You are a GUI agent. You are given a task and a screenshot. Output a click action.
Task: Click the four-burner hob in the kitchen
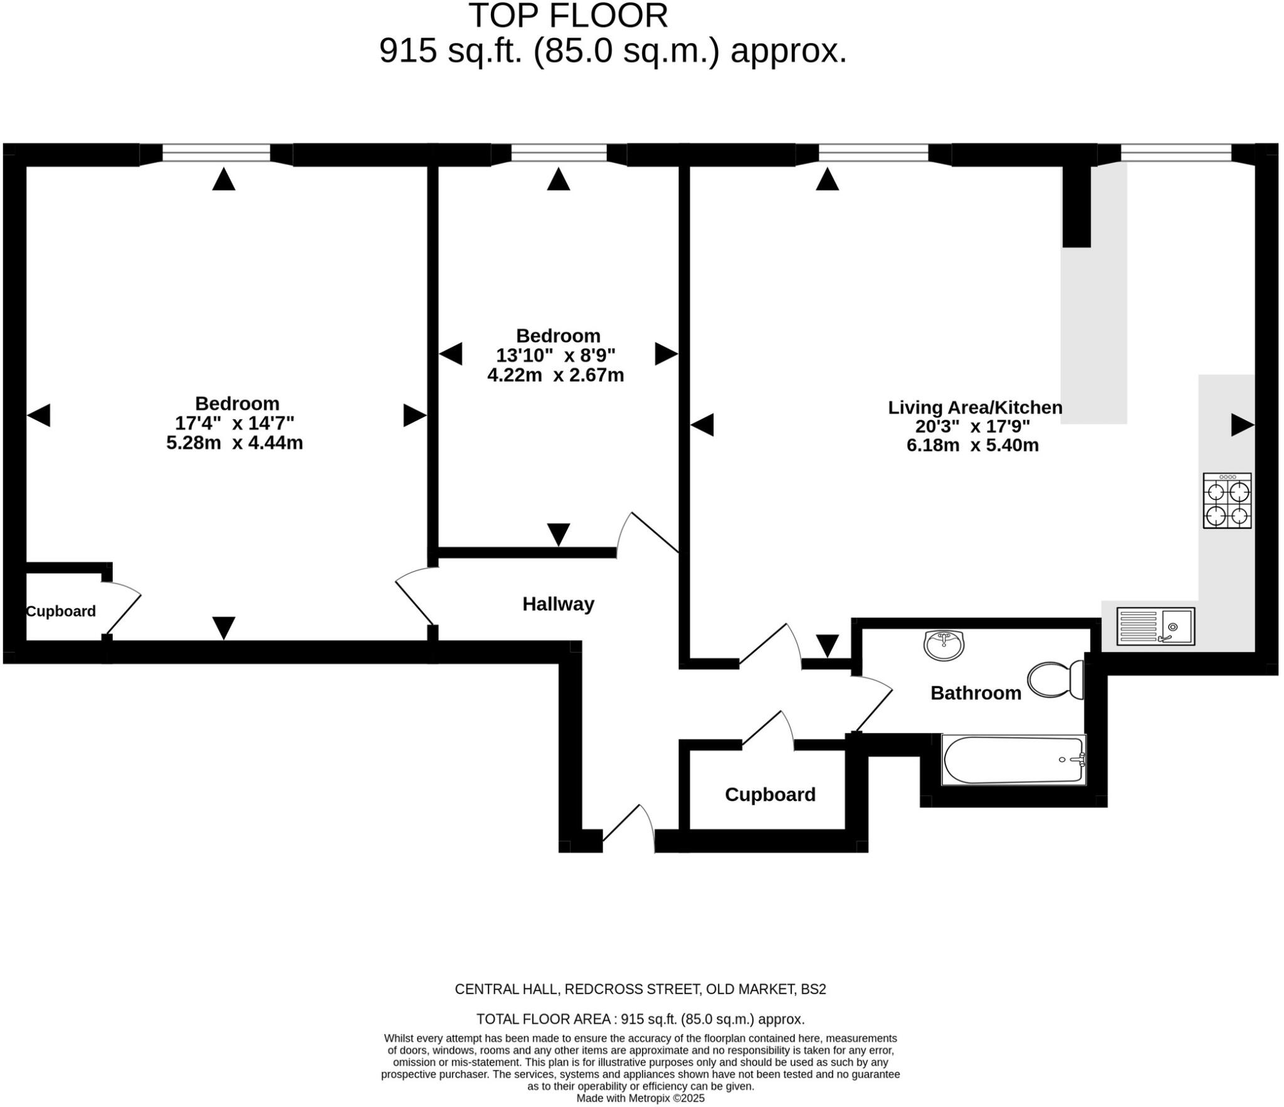pyautogui.click(x=1226, y=501)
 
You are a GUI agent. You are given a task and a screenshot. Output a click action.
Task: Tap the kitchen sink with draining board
pyautogui.click(x=1155, y=626)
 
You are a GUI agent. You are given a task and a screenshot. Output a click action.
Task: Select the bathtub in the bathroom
pyautogui.click(x=1013, y=760)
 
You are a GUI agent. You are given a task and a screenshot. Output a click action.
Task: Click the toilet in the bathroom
pyautogui.click(x=1056, y=679)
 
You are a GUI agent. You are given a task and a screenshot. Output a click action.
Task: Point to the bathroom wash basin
pyautogui.click(x=944, y=645)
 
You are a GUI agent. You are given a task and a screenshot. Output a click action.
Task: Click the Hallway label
pyautogui.click(x=558, y=604)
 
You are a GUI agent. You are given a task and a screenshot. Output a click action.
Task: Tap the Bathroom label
pyautogui.click(x=976, y=693)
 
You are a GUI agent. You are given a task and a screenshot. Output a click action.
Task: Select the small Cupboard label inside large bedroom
pyautogui.click(x=61, y=611)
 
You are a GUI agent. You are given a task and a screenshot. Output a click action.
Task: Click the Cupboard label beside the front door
pyautogui.click(x=770, y=795)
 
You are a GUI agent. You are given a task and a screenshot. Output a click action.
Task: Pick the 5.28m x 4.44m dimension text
pyautogui.click(x=234, y=443)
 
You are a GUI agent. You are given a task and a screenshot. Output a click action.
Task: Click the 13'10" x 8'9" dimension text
pyautogui.click(x=555, y=356)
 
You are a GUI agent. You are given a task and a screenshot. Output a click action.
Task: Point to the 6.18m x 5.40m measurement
pyautogui.click(x=972, y=445)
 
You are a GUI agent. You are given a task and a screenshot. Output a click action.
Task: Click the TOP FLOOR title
pyautogui.click(x=568, y=16)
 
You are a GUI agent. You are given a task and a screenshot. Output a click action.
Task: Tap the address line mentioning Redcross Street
pyautogui.click(x=640, y=989)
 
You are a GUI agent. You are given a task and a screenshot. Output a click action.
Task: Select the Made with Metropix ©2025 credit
pyautogui.click(x=640, y=1098)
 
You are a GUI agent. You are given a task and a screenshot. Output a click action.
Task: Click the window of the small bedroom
pyautogui.click(x=559, y=153)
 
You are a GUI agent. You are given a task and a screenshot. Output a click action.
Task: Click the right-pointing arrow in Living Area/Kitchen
pyautogui.click(x=1242, y=425)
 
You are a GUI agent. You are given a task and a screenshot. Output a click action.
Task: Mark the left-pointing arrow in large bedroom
pyautogui.click(x=39, y=415)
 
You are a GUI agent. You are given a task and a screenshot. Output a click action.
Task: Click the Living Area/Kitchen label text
pyautogui.click(x=975, y=407)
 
